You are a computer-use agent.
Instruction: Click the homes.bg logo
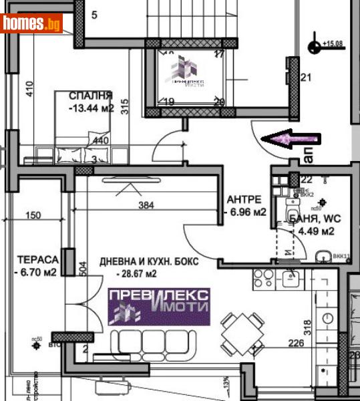tap(31, 23)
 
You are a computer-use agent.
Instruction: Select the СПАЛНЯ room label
tap(90, 96)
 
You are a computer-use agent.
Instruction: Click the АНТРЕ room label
tap(245, 199)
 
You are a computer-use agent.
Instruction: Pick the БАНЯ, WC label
tap(311, 219)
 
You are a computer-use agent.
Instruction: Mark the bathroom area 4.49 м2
tap(315, 231)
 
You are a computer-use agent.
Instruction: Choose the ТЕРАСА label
tap(38, 259)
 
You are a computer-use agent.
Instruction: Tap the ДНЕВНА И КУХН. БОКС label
tap(148, 261)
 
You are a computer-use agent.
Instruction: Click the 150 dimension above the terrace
tap(33, 215)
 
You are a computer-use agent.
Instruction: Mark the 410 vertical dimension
tap(29, 89)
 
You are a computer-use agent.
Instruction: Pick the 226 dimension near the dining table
tap(296, 344)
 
